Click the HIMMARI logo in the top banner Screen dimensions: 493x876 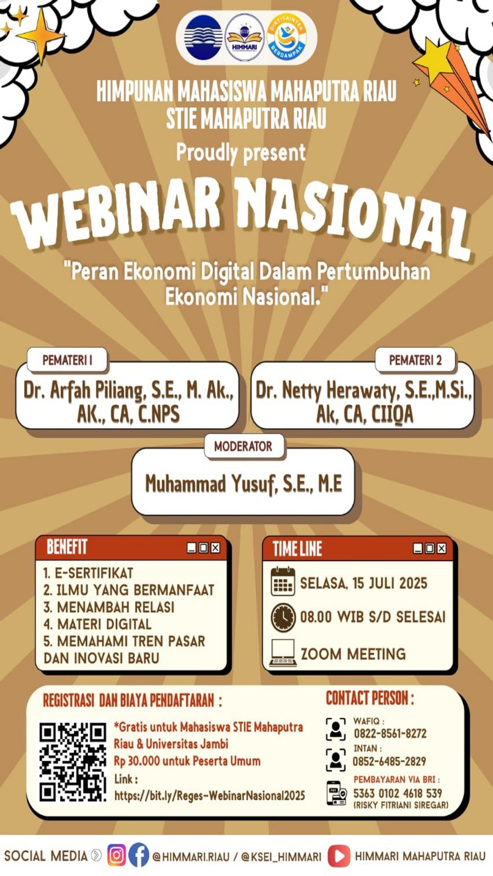point(245,37)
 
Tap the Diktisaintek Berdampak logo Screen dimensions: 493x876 point(287,37)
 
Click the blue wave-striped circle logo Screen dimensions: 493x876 point(203,37)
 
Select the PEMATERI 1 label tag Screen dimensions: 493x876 point(67,360)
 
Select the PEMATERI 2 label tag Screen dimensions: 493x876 point(415,360)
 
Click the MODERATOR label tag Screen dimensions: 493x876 point(243,446)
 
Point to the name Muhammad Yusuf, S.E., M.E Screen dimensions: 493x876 point(243,484)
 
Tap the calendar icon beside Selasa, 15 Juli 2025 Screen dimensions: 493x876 point(283,582)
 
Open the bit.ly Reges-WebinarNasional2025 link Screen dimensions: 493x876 point(209,796)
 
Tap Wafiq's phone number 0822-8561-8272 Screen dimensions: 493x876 point(389,734)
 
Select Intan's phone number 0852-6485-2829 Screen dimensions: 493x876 point(389,762)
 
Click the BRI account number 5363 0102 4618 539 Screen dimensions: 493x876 point(398,793)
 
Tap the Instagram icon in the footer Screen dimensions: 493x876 point(116,855)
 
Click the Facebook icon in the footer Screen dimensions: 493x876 point(139,855)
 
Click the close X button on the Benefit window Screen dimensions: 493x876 point(215,548)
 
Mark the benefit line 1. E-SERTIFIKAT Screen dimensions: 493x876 point(88,573)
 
